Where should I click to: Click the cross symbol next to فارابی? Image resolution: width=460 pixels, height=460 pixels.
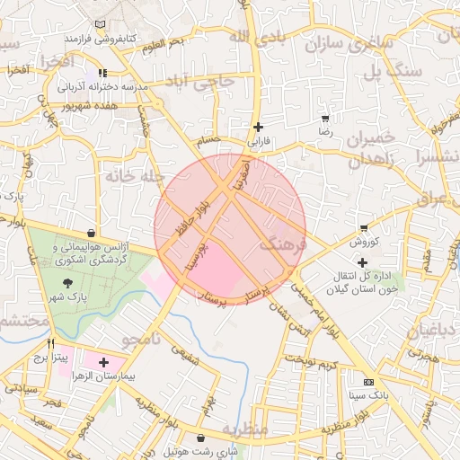(259, 127)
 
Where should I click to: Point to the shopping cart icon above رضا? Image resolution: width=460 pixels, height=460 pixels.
(324, 118)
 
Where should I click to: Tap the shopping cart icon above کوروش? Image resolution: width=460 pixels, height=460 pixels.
(363, 228)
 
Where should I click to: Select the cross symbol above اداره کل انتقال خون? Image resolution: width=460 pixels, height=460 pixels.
(362, 262)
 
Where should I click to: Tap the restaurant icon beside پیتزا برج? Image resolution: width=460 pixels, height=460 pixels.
(50, 343)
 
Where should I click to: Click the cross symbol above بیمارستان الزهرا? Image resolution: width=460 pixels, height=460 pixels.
(104, 362)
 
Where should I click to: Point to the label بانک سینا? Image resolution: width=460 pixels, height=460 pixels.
(368, 395)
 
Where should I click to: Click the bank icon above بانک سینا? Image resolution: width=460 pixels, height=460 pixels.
(368, 381)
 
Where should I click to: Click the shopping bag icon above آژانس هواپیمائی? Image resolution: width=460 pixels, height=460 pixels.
(92, 233)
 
